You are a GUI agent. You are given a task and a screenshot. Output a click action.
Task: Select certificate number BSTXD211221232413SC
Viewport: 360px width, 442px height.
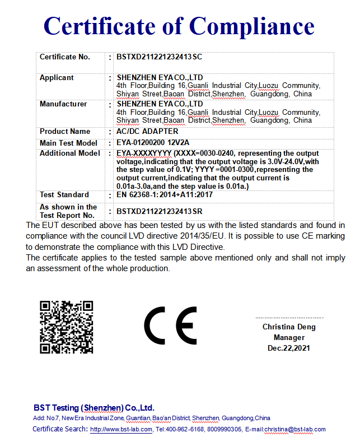tap(159, 57)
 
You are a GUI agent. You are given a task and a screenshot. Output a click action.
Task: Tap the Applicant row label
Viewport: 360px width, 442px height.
tap(57, 78)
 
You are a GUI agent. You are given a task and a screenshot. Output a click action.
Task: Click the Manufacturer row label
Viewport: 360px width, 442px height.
tap(63, 104)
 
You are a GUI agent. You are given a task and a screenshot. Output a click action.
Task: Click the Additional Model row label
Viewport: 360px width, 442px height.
tap(70, 153)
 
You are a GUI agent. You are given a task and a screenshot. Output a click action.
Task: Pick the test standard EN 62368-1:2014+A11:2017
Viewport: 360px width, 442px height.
tap(164, 195)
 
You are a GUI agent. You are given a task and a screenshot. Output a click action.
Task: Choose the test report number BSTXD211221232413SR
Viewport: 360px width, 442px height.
tap(159, 211)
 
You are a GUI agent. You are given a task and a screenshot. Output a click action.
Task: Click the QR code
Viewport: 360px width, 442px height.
tap(66, 327)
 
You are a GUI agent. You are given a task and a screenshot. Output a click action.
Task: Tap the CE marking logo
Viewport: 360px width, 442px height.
tap(170, 326)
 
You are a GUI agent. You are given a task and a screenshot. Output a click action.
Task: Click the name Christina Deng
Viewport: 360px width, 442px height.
tap(289, 327)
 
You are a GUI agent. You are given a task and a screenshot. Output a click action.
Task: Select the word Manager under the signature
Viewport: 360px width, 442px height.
tap(289, 338)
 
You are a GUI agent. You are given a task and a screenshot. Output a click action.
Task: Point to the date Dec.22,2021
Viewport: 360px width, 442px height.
tap(289, 348)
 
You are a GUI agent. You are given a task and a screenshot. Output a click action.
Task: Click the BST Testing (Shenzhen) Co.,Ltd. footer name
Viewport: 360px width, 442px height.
tap(93, 408)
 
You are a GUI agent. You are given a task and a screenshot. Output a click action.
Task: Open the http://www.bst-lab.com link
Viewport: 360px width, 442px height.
tap(121, 430)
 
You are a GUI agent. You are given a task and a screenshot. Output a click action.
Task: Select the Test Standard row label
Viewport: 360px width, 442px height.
tap(64, 195)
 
